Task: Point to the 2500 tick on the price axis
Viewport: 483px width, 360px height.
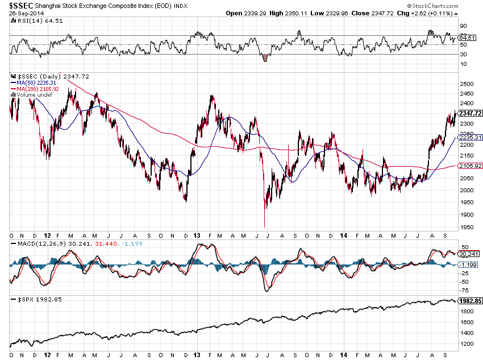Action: tap(467, 84)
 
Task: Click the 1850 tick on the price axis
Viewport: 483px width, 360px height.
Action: tap(467, 227)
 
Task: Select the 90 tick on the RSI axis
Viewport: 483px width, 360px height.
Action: tap(464, 26)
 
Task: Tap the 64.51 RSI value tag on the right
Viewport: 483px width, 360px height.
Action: tap(468, 38)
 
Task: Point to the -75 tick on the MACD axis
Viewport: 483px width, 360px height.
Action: tap(464, 291)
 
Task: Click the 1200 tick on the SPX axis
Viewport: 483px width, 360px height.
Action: tap(467, 344)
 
